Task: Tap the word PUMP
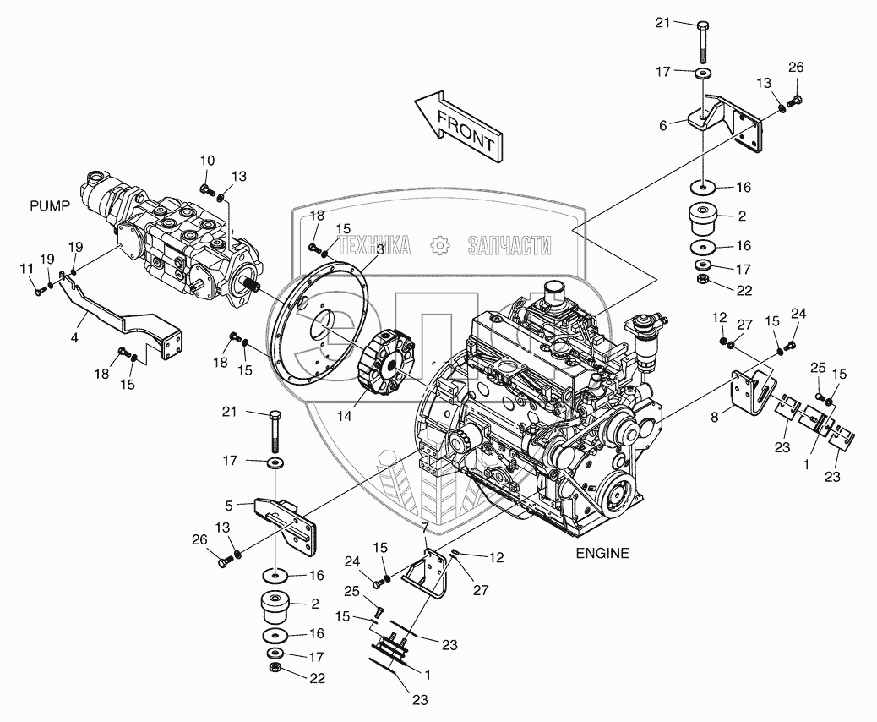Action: click(x=48, y=205)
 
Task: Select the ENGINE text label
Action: click(x=602, y=554)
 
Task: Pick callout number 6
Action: click(x=663, y=124)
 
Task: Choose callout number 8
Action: click(x=716, y=416)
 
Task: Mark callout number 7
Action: click(x=425, y=528)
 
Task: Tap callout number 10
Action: click(x=208, y=160)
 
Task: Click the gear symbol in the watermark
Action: click(x=438, y=245)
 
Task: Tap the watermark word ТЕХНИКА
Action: click(x=374, y=245)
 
